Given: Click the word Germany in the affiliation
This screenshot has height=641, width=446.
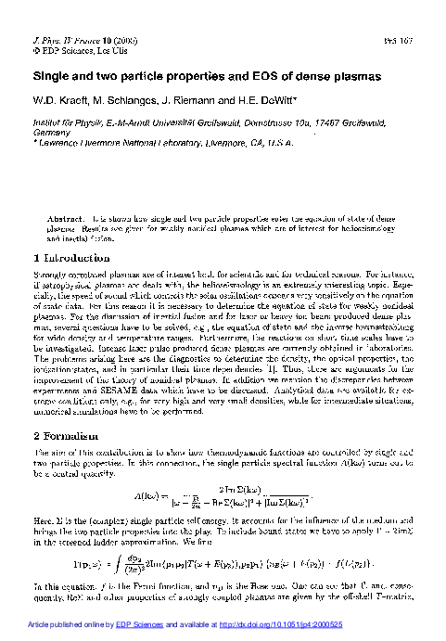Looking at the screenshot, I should point(48,132).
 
